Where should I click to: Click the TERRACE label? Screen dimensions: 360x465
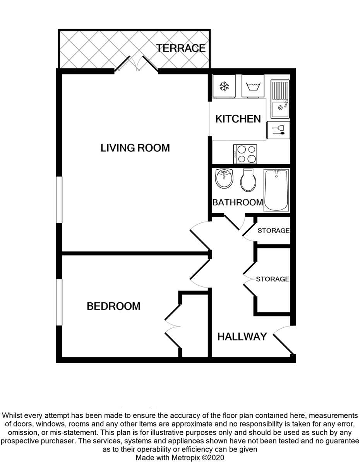[181, 48]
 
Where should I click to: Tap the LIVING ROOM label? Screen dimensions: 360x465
[135, 148]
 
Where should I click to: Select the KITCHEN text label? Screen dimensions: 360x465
[238, 119]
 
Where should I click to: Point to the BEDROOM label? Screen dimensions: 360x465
[113, 306]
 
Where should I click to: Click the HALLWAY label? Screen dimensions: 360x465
[242, 337]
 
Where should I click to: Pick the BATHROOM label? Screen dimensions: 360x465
[238, 202]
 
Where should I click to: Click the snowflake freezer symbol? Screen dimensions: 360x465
[224, 86]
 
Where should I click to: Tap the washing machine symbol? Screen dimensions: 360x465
[253, 86]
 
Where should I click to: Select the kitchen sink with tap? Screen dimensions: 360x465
[280, 99]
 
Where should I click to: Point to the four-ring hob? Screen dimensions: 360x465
[245, 154]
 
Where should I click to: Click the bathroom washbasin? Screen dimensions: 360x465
[224, 179]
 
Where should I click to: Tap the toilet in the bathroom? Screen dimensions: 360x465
[248, 180]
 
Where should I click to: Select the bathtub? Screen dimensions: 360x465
[276, 190]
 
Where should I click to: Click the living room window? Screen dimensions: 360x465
[59, 200]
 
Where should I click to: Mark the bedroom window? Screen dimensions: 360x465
[59, 302]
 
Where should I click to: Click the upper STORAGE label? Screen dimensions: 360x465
[273, 231]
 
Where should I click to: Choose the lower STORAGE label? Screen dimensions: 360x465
[273, 279]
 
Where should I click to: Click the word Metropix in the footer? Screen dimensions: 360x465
[185, 458]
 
